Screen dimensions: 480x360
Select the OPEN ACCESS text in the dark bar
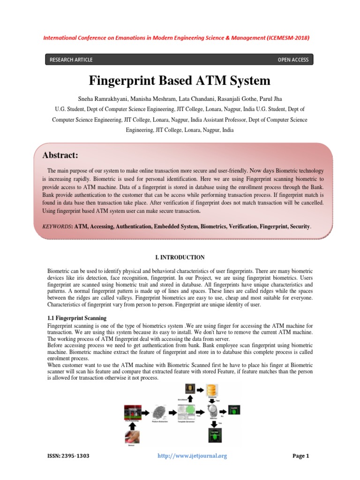[292, 60]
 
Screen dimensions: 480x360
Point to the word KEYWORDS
[56, 226]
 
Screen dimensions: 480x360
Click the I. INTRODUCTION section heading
[180, 257]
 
